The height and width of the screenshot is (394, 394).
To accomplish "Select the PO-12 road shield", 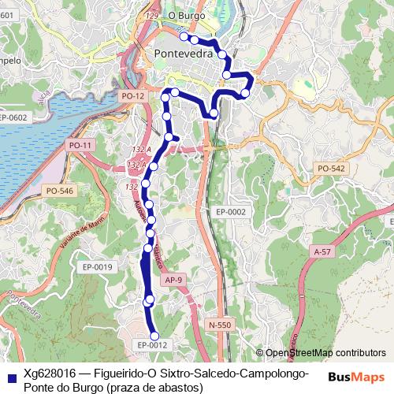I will point(132,95).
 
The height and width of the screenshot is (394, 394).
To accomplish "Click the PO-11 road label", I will point(80,145).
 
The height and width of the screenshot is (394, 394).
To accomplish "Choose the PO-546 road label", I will point(59,191).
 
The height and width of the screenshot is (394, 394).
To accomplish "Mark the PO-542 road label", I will point(330,169).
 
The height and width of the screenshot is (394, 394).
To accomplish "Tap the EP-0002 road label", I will point(231,212).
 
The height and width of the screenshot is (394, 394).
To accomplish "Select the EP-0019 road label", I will point(98,267).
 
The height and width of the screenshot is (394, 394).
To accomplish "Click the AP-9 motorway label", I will point(175,280).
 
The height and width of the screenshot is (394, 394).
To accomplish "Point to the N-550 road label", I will point(221,324).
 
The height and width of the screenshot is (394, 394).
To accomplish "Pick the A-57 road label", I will point(321,251).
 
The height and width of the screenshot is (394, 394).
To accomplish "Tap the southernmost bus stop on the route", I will point(155,336).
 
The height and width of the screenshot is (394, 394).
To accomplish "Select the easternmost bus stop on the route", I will point(245,94).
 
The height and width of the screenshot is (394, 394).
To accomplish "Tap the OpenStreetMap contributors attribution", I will point(324,353).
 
